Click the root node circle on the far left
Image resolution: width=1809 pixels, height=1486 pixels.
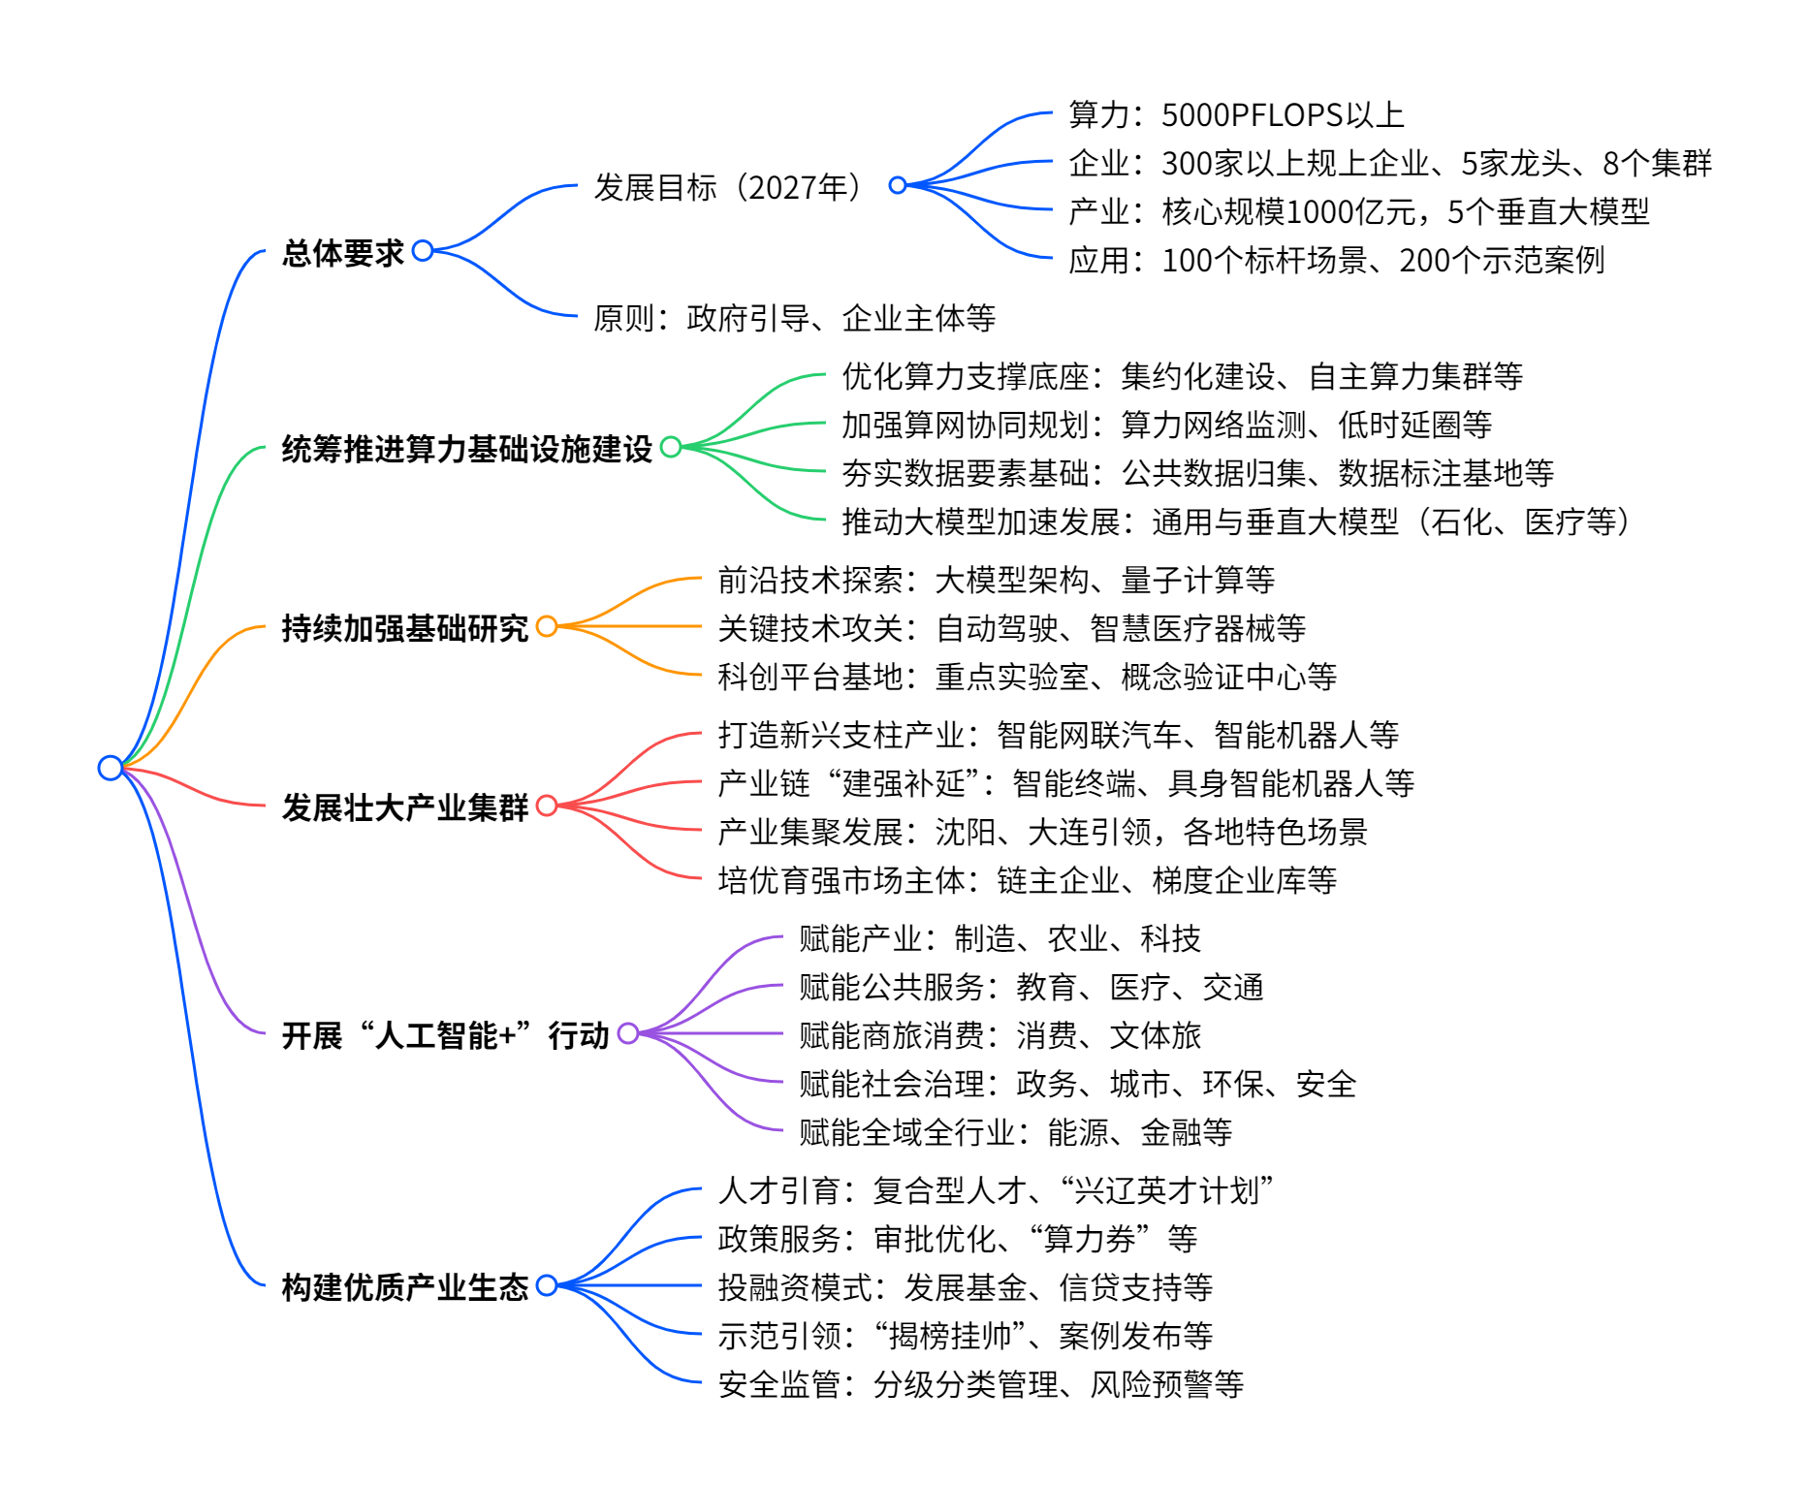click(x=111, y=768)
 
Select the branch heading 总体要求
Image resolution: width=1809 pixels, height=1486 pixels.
click(x=342, y=253)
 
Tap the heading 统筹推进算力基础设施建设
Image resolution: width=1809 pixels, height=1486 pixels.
click(x=466, y=449)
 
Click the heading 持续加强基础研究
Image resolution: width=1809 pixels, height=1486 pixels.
click(x=404, y=628)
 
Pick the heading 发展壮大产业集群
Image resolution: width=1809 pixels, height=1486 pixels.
click(x=404, y=807)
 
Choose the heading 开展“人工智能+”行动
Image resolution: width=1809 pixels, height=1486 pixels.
click(x=445, y=1035)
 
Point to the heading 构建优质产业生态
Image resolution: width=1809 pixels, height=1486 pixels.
click(x=404, y=1287)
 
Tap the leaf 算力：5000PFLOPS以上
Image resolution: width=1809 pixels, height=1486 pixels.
click(x=1236, y=114)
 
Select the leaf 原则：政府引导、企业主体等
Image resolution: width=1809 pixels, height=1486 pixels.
click(x=794, y=318)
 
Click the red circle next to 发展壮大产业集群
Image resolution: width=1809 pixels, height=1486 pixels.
click(x=547, y=806)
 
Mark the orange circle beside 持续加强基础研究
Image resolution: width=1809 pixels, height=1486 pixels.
click(x=547, y=626)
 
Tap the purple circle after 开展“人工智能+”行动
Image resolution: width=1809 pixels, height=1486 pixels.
click(x=628, y=1033)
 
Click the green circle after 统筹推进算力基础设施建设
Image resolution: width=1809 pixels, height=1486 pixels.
click(x=671, y=447)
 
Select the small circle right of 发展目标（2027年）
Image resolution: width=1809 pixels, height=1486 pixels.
click(x=898, y=185)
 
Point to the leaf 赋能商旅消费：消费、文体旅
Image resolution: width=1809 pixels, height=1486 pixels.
click(x=1000, y=1035)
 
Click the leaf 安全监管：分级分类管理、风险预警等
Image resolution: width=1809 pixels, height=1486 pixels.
click(x=980, y=1384)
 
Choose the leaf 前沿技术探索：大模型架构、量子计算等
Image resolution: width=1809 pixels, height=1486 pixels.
click(x=996, y=580)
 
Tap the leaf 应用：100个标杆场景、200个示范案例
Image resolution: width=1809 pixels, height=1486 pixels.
click(x=1336, y=260)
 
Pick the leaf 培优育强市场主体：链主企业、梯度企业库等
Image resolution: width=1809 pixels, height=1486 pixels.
click(x=1027, y=880)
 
